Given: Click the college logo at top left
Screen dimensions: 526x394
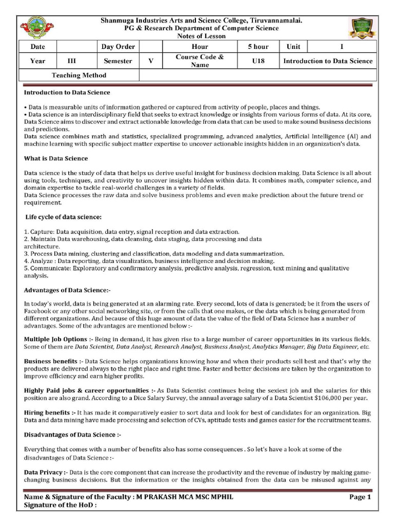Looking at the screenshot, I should (x=36, y=28).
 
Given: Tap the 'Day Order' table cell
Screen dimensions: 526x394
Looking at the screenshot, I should (x=118, y=47).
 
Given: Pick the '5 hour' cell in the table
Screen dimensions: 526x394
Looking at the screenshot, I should (x=258, y=47).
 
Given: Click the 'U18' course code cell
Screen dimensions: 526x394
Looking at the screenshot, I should (x=258, y=61).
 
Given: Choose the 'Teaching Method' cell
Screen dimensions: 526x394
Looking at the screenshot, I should (x=79, y=76).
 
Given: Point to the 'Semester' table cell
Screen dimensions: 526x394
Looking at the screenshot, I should (x=118, y=61).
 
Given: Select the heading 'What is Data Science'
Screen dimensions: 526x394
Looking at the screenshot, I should (x=56, y=158).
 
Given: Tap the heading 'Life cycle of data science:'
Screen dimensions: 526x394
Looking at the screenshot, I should (x=64, y=217).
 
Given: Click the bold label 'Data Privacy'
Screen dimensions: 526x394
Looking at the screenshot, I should (x=43, y=472).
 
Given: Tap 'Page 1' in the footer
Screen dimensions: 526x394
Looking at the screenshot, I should (x=360, y=497).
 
